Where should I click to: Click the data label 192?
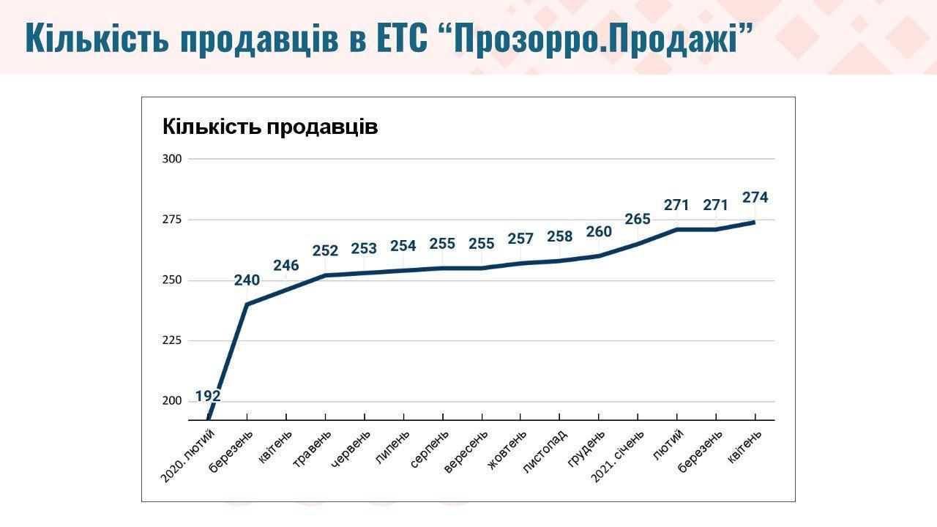coord(208,396)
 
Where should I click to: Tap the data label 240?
coord(247,280)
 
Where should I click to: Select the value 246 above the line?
coord(286,265)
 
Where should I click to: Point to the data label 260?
coord(599,232)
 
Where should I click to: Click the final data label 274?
coord(755,198)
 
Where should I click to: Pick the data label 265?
coord(638,220)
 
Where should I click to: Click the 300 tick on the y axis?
coord(173,159)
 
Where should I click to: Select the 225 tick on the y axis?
coord(173,340)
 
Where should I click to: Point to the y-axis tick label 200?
coord(173,401)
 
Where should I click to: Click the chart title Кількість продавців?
coord(270,127)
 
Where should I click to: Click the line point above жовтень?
coord(520,263)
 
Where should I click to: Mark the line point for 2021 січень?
coord(638,243)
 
